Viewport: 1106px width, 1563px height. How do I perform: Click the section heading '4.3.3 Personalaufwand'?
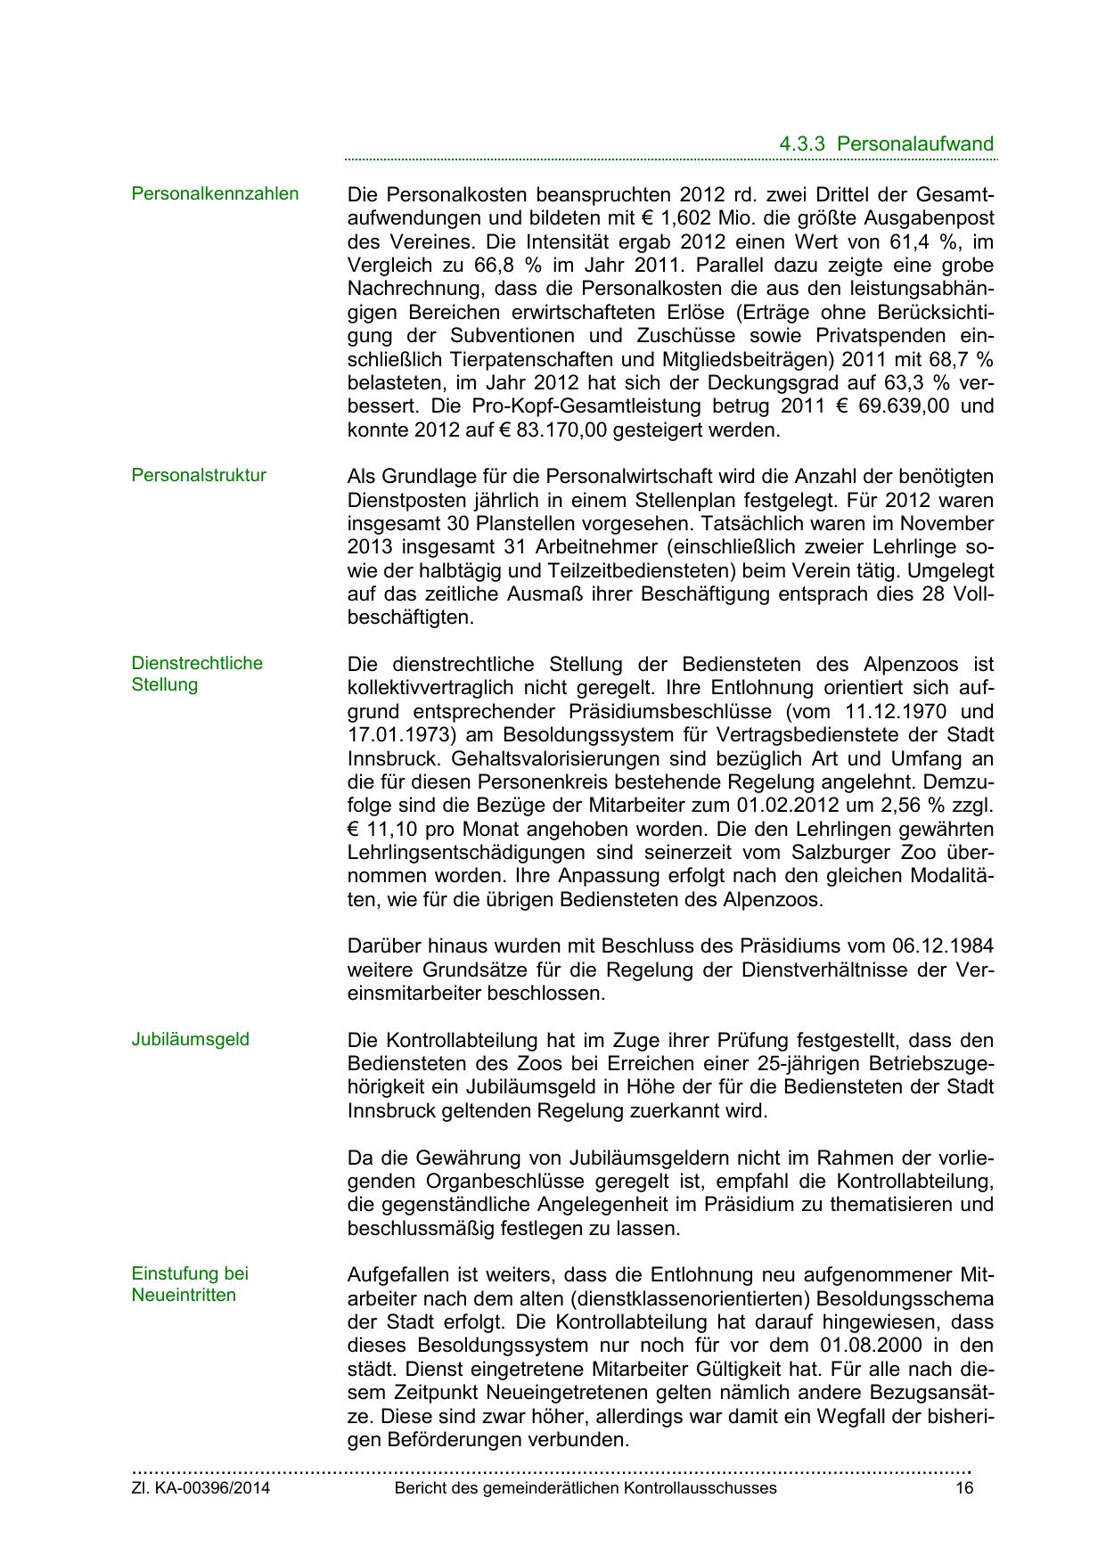886,143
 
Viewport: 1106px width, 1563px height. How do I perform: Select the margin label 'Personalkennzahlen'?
215,193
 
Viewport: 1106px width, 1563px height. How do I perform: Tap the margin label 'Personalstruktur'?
199,475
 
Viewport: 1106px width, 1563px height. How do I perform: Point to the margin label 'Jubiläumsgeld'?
191,1039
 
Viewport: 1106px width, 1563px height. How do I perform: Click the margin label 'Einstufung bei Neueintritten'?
189,1284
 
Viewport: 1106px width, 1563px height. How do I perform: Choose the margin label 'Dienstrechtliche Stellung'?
197,674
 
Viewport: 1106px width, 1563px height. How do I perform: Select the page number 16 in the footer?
963,1487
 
